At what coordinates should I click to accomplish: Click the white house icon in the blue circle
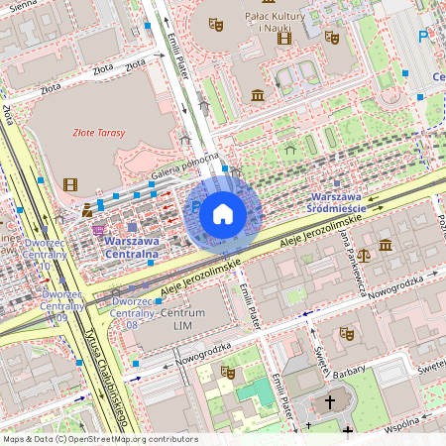(223, 213)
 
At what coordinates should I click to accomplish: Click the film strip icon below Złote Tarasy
(69, 183)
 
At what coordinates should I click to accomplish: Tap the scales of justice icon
(362, 255)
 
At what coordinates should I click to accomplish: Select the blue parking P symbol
(423, 38)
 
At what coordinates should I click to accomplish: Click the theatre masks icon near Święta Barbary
(347, 334)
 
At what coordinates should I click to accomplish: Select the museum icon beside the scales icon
(385, 245)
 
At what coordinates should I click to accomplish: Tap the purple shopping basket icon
(97, 230)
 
